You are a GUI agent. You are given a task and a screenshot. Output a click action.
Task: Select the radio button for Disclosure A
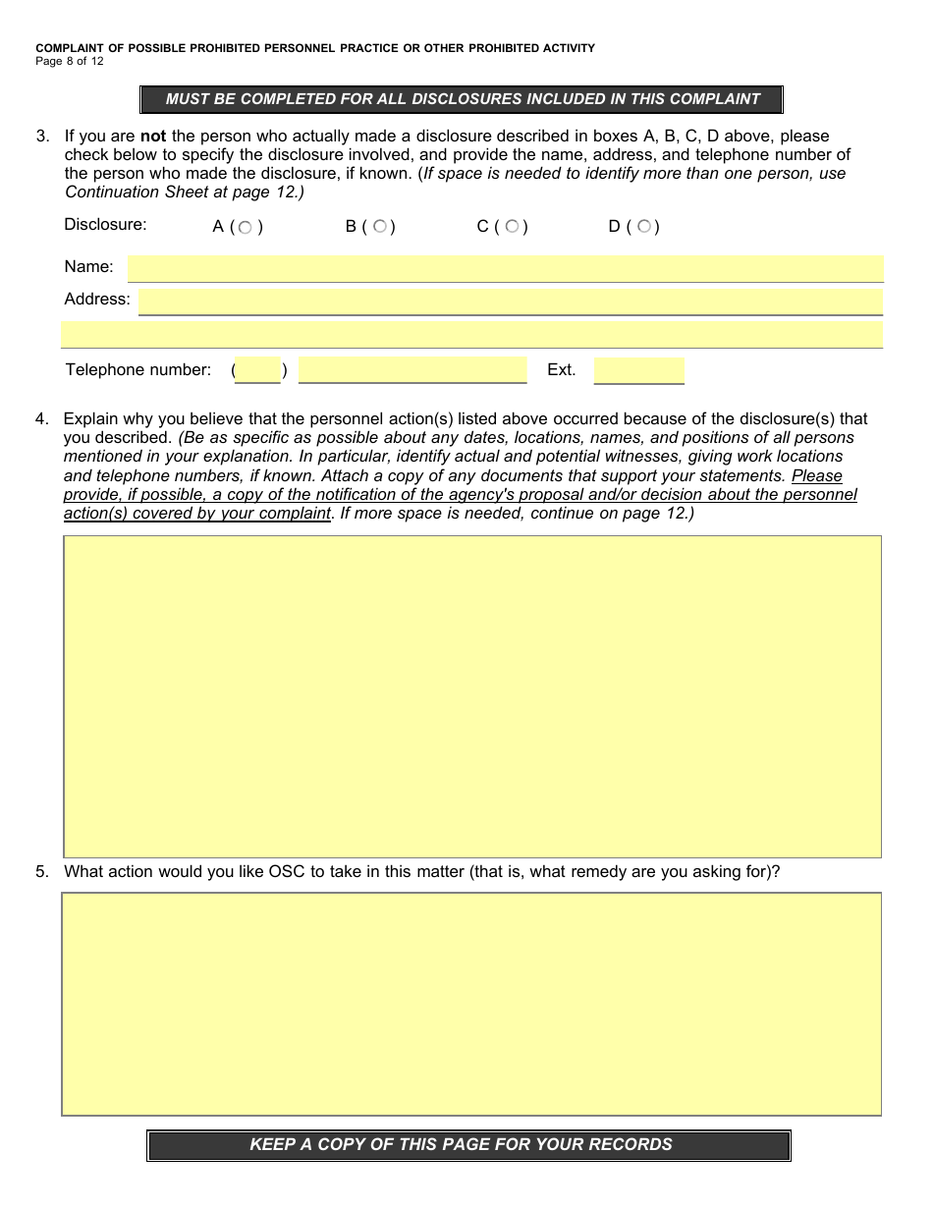pos(246,228)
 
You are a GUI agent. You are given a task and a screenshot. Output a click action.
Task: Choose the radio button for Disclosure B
pos(379,227)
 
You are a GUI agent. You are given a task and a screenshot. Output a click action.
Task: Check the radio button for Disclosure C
pos(512,227)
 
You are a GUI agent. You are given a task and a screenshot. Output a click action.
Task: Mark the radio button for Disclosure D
pos(643,227)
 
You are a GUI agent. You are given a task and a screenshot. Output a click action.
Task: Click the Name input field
pos(505,268)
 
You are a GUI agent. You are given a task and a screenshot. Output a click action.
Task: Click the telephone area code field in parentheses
pos(258,370)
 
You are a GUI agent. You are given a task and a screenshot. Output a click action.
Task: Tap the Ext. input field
pos(638,370)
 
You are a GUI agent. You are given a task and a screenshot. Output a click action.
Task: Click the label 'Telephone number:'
pos(137,370)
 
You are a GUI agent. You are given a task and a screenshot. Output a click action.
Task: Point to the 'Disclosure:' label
pos(105,225)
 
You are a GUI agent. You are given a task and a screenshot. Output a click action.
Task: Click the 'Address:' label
pos(97,300)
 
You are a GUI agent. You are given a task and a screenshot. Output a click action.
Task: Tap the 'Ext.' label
pos(561,370)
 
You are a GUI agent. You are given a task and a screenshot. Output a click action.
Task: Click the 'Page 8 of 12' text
pos(69,61)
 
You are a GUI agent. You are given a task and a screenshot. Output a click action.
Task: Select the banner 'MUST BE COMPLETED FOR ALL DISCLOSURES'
pos(463,99)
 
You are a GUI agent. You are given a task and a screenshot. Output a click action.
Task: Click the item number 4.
pos(42,419)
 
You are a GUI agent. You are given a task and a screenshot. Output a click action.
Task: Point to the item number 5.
pos(42,871)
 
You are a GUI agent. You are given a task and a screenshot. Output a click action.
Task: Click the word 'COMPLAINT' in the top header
pos(70,48)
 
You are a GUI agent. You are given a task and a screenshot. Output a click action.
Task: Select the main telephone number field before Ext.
pos(412,370)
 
